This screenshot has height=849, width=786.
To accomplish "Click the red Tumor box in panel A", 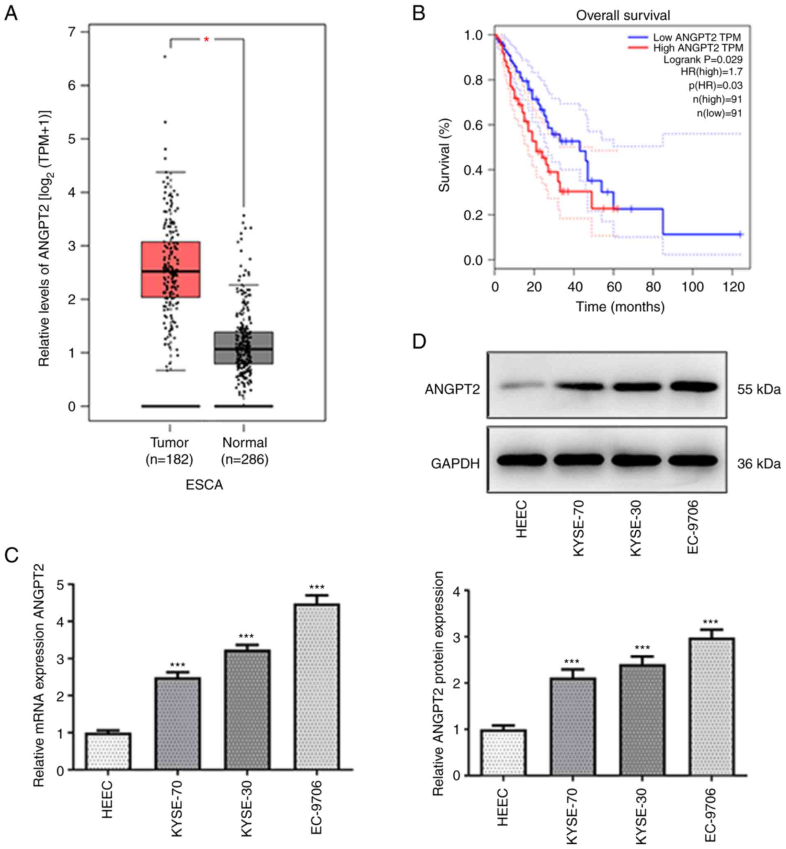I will point(171,269).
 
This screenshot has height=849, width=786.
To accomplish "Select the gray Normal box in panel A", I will point(243,348).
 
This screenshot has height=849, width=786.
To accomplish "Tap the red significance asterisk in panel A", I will point(206,39).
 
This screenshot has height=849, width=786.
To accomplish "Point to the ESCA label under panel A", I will point(204,485).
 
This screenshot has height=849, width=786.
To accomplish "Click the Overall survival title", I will point(622,15).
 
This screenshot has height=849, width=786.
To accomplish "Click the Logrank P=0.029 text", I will point(703,60).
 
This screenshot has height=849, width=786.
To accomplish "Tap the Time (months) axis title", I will point(620,307).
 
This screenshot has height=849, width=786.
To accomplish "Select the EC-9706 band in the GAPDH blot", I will point(693,460).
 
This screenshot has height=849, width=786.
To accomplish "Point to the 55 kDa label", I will point(758,389).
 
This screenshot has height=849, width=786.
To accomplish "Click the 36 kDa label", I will point(758,463).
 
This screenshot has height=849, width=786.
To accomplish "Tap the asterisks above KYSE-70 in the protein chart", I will point(572,662).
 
